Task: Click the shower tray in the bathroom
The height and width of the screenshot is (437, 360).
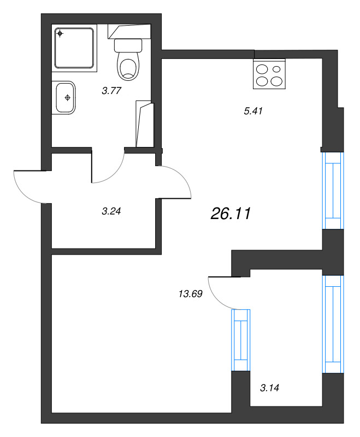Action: pyautogui.click(x=74, y=48)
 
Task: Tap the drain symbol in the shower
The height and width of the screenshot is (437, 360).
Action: pyautogui.click(x=60, y=34)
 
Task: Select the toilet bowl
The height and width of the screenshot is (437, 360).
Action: pyautogui.click(x=128, y=66)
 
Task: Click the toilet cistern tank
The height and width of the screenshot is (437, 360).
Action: pyautogui.click(x=128, y=45)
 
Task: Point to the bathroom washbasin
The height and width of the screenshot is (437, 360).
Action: pyautogui.click(x=65, y=98)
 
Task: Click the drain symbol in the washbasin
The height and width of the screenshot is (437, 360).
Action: pyautogui.click(x=67, y=98)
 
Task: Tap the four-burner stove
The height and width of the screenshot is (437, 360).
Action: pyautogui.click(x=269, y=74)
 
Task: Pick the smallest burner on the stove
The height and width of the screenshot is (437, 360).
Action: pyautogui.click(x=276, y=69)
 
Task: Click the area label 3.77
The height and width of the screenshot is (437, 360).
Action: pyautogui.click(x=111, y=91)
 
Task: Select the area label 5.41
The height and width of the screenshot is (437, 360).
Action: pyautogui.click(x=253, y=111)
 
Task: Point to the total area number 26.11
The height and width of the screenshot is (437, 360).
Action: pyautogui.click(x=231, y=214)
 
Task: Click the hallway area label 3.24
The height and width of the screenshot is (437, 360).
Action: pyautogui.click(x=111, y=211)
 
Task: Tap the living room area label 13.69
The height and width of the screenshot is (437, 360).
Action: pyautogui.click(x=190, y=293)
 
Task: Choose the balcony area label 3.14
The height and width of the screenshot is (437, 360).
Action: pyautogui.click(x=269, y=388)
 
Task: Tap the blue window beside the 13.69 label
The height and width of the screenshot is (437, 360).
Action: pyautogui.click(x=241, y=340)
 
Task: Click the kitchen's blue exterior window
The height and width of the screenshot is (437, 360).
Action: pyautogui.click(x=333, y=191)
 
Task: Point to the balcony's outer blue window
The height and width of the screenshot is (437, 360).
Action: pyautogui.click(x=333, y=324)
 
